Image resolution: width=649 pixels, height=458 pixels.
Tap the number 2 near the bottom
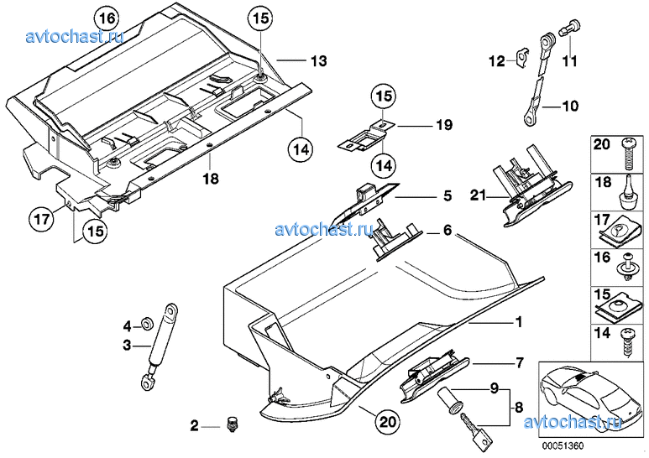(x=194, y=426)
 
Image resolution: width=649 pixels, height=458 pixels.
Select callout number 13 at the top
(x=317, y=60)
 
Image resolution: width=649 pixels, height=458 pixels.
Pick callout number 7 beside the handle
(x=519, y=363)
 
